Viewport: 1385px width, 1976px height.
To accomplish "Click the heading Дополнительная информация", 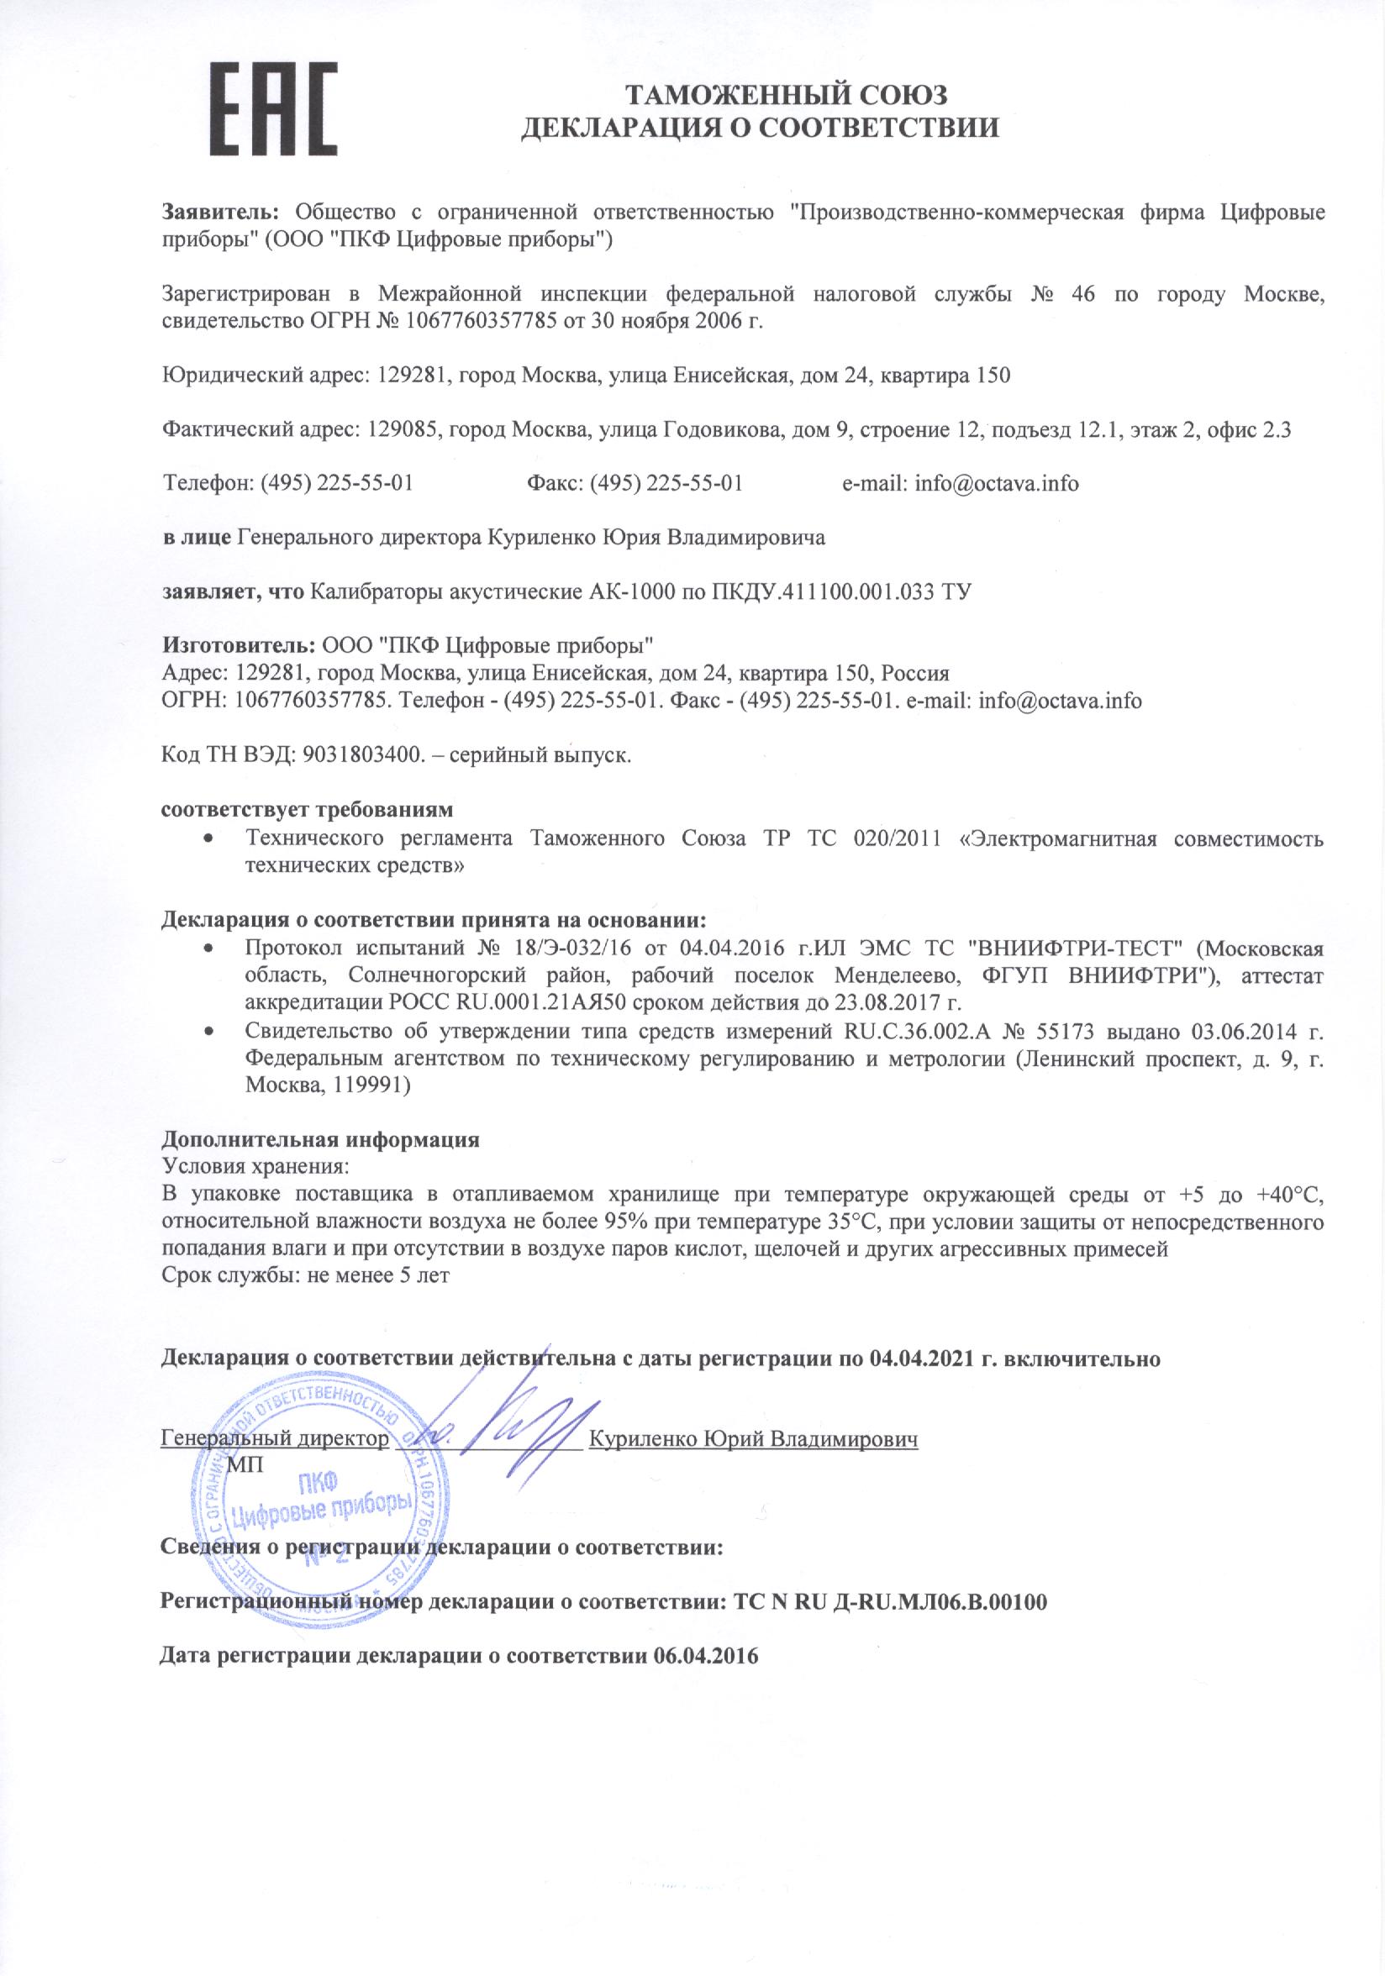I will [321, 1139].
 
